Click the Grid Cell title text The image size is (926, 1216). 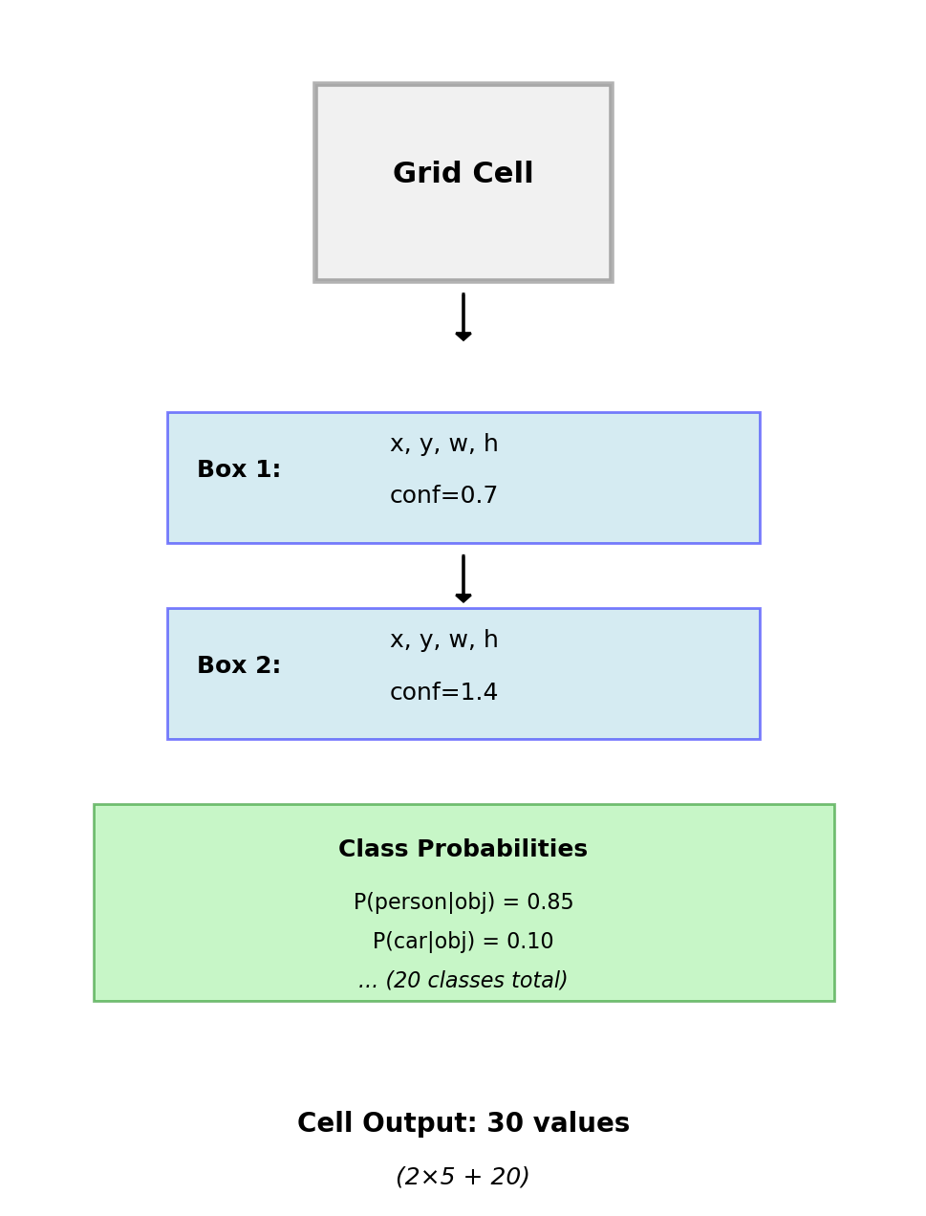[463, 174]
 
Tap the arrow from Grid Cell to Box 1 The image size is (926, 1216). [463, 316]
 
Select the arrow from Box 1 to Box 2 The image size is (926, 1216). [463, 578]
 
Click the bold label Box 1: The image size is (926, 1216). [239, 470]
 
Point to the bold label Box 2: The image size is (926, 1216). [239, 666]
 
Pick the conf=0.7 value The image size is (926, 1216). [443, 496]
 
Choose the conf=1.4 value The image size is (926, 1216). [443, 693]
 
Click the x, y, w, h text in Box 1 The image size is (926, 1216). [443, 445]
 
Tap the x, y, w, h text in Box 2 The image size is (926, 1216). [443, 641]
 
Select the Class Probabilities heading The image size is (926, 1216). [463, 850]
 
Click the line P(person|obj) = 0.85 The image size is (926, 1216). [463, 902]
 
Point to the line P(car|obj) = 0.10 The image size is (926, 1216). [463, 942]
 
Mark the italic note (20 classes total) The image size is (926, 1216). [463, 981]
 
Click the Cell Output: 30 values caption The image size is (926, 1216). [463, 1124]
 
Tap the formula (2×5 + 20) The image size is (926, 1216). [463, 1178]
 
